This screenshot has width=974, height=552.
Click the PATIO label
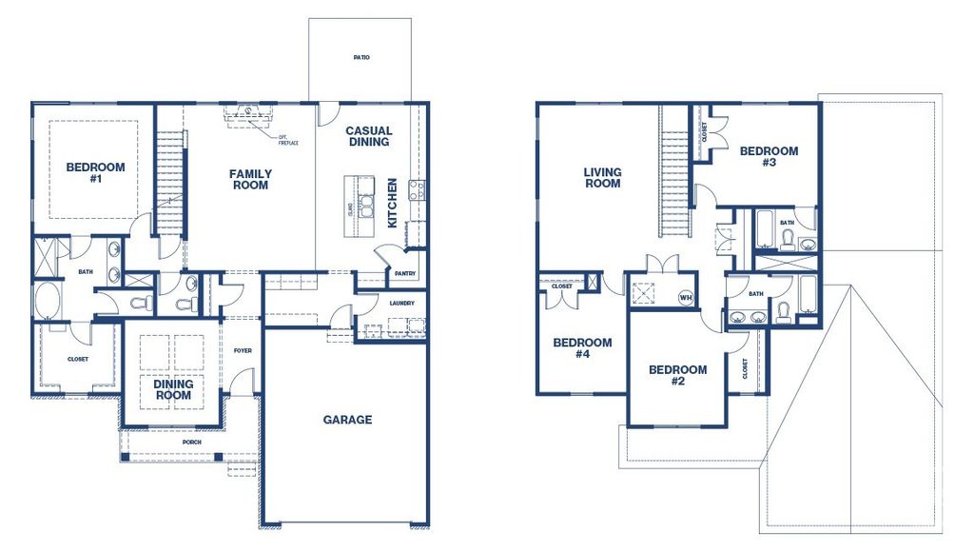tap(360, 58)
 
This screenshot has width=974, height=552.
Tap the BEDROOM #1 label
tap(95, 172)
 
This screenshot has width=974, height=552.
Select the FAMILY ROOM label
tap(250, 179)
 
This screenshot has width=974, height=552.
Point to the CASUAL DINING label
tap(368, 136)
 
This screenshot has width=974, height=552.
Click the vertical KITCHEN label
tap(392, 202)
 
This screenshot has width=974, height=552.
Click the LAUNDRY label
tap(402, 304)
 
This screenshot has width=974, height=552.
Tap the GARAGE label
tap(347, 420)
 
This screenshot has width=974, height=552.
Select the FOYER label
tap(243, 350)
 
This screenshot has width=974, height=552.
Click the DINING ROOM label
tap(173, 389)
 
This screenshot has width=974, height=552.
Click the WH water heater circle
tap(684, 297)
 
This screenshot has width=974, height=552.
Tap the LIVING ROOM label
tap(602, 178)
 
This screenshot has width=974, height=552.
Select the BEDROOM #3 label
tap(769, 156)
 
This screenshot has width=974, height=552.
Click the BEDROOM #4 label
tap(582, 348)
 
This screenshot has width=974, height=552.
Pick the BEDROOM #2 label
tap(677, 375)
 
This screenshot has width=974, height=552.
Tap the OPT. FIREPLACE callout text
tap(287, 140)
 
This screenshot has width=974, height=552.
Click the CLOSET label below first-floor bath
tap(77, 359)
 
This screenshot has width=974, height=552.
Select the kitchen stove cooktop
tap(416, 188)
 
